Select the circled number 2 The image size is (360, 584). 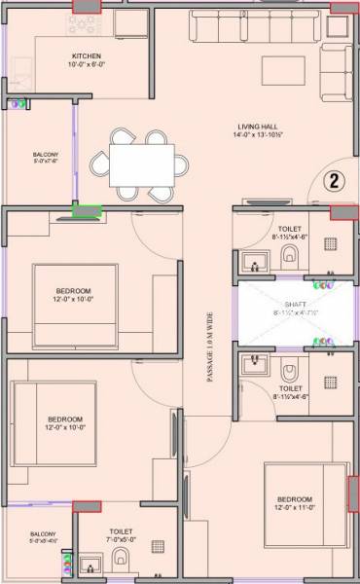332,181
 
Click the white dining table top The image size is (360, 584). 140,160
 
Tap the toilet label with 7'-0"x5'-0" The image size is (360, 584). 120,536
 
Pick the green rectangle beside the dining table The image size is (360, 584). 89,207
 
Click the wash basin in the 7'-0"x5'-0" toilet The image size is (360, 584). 90,564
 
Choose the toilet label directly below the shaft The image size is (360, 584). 289,391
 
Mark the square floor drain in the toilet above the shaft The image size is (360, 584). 331,244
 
